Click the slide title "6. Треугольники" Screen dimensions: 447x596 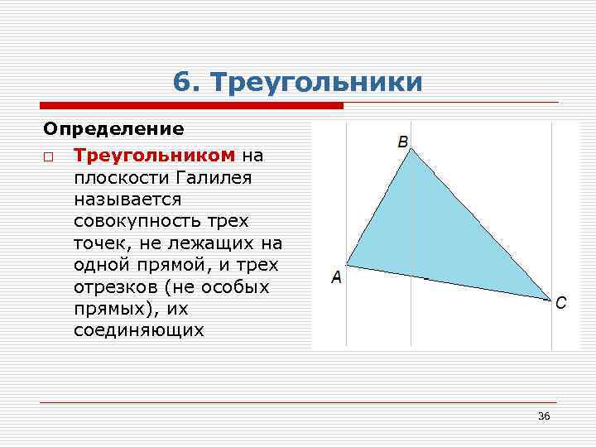[x=298, y=82]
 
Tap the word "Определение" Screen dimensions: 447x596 [x=113, y=129]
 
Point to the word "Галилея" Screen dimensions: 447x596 [x=214, y=177]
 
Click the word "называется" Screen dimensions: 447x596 [x=126, y=199]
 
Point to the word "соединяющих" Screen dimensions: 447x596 [x=138, y=330]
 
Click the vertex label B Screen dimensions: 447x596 [x=403, y=142]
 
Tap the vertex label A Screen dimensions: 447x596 [x=336, y=278]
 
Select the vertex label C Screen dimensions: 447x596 [x=561, y=303]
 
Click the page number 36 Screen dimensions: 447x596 [x=544, y=416]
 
